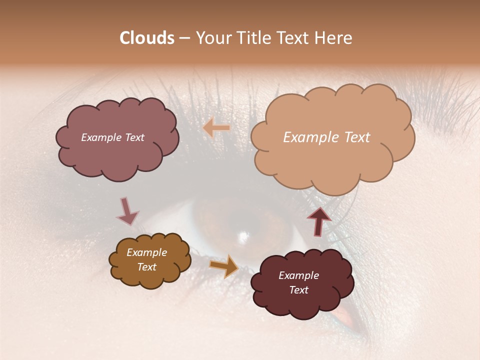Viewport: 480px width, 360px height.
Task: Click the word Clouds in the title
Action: click(x=147, y=38)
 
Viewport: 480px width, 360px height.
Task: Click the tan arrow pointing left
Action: click(x=216, y=128)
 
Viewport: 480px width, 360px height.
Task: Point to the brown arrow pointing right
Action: click(x=224, y=265)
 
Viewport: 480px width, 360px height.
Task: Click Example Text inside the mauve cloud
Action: click(x=112, y=137)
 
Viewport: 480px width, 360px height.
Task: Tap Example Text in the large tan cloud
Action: click(x=326, y=137)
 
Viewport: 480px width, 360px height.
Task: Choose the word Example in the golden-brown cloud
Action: click(x=146, y=252)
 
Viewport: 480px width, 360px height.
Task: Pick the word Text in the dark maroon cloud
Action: click(x=298, y=290)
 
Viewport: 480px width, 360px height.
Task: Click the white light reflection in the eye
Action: click(x=244, y=235)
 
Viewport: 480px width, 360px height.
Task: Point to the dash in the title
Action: click(x=184, y=38)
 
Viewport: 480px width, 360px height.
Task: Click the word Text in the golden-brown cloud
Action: click(x=146, y=267)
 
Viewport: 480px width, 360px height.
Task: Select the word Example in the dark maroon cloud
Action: click(x=298, y=275)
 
